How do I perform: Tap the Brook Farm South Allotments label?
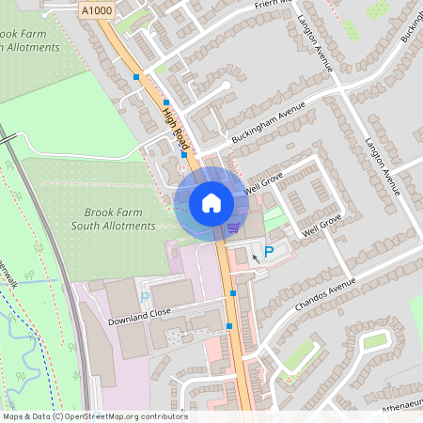(x=113, y=219)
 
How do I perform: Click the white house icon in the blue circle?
(x=211, y=201)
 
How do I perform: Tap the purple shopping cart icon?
(x=233, y=227)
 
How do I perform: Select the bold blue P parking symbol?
(x=268, y=251)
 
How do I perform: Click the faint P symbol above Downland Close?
(x=145, y=297)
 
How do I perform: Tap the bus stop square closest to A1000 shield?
(x=136, y=76)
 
